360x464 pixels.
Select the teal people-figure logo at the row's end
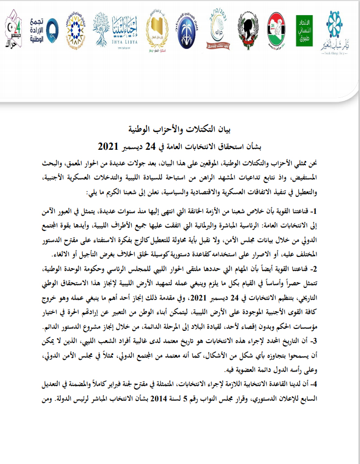[x=341, y=29]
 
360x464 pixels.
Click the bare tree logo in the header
[x=103, y=28]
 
